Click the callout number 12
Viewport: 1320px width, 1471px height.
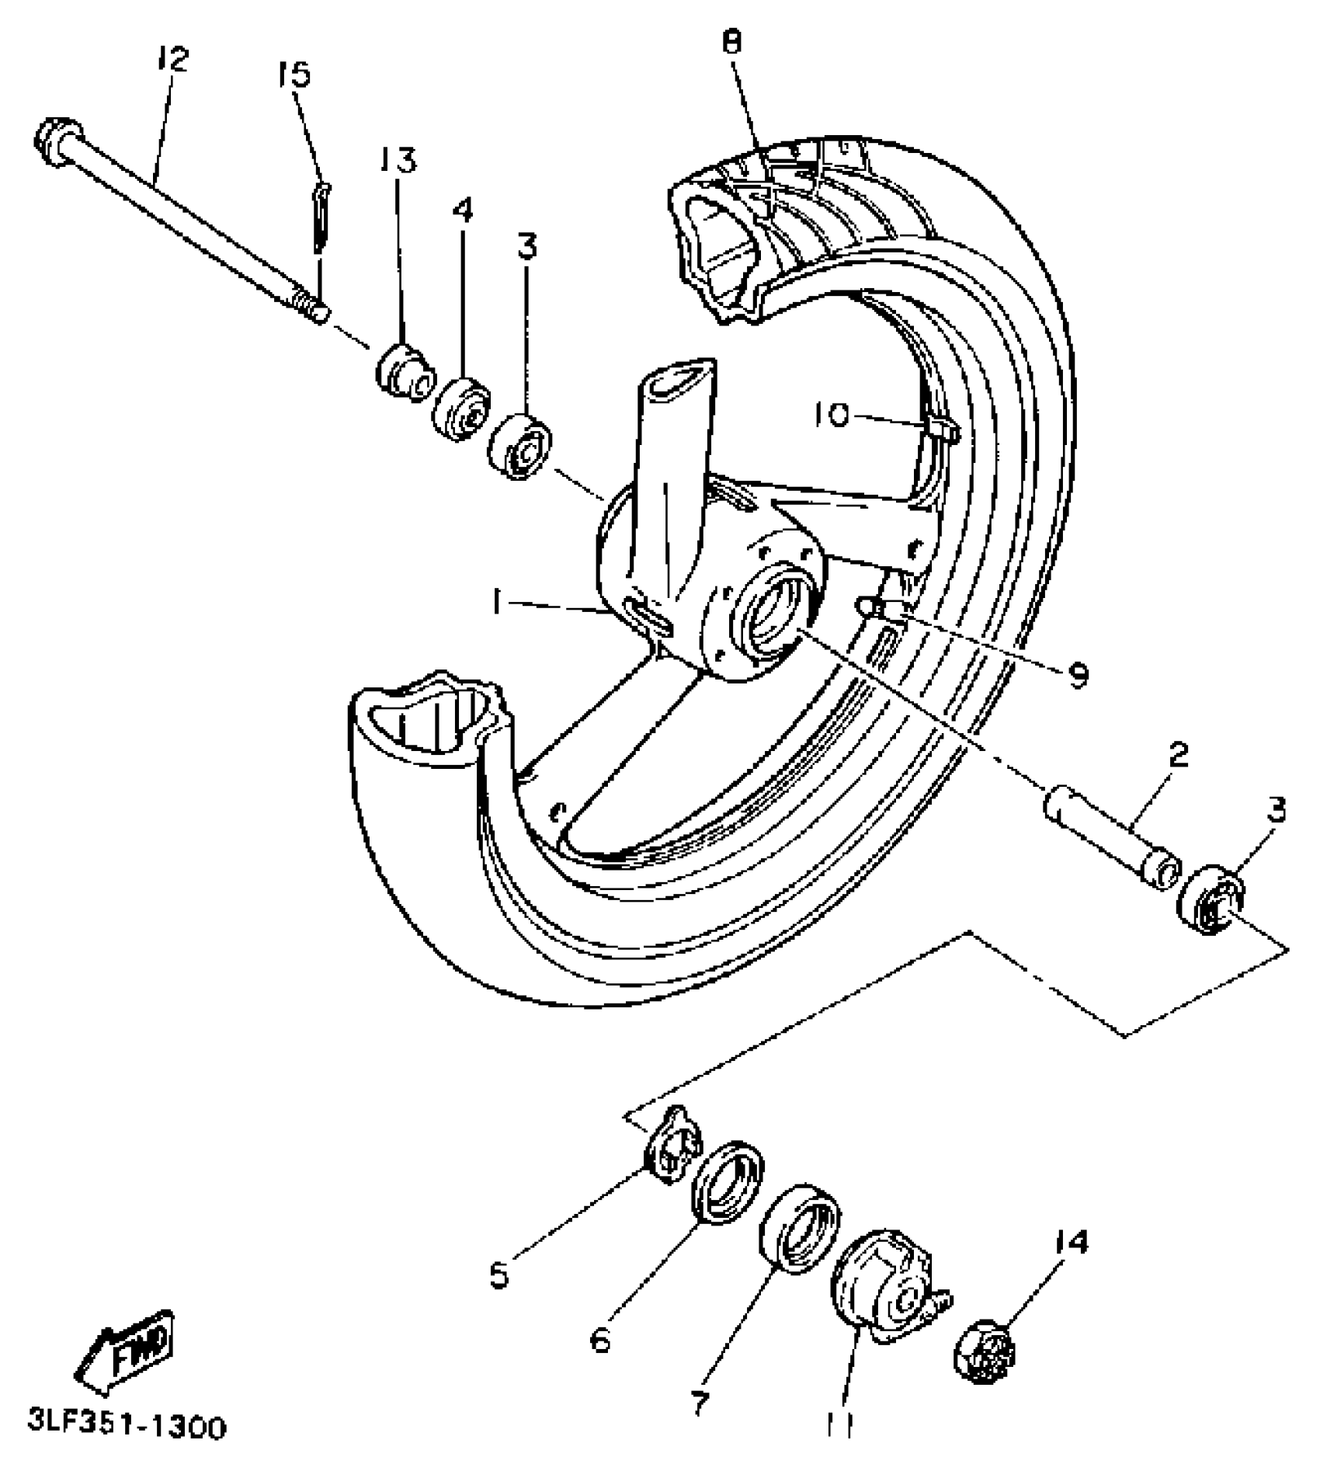pyautogui.click(x=172, y=59)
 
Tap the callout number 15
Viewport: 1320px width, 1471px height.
pyautogui.click(x=293, y=75)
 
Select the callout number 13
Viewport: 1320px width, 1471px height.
pyautogui.click(x=398, y=159)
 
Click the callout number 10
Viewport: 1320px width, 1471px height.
pyautogui.click(x=832, y=416)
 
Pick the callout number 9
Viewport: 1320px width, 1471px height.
pyautogui.click(x=1078, y=675)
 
